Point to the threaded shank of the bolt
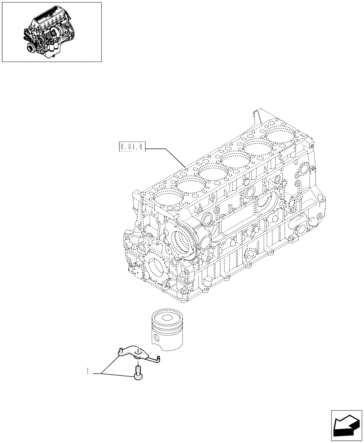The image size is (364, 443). coord(138,369)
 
